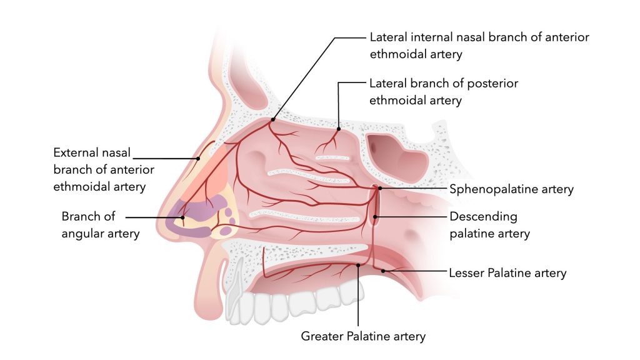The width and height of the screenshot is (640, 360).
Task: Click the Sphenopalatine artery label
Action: (511, 189)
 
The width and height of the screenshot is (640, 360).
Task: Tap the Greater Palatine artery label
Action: (363, 336)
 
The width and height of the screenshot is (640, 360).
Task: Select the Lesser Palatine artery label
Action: (507, 272)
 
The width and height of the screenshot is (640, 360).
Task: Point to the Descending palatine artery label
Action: (489, 225)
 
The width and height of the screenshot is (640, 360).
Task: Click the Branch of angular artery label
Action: (100, 225)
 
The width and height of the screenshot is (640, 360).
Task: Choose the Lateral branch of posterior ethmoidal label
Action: (444, 91)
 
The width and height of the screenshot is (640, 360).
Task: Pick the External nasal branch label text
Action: (104, 169)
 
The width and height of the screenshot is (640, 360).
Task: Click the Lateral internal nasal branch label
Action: (479, 46)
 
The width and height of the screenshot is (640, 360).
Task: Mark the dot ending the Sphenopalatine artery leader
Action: (379, 187)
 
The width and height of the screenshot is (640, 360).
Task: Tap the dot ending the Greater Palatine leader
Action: (357, 265)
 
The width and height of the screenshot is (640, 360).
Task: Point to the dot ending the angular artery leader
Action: (182, 217)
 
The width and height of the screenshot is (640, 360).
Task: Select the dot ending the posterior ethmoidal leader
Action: (338, 129)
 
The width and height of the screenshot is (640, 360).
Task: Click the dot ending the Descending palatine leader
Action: (376, 217)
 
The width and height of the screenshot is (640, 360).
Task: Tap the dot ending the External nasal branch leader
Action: (199, 158)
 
